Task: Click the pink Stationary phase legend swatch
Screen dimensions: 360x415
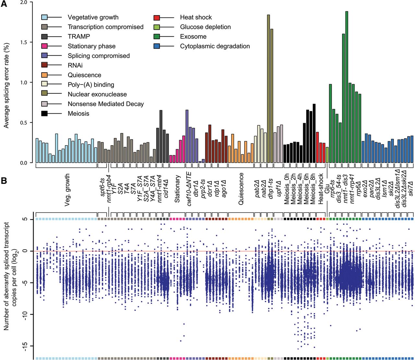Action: pos(44,46)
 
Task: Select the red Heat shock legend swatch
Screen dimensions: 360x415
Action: pos(157,17)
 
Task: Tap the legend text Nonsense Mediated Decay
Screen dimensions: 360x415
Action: pos(106,104)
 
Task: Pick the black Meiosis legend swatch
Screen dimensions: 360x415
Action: pos(44,114)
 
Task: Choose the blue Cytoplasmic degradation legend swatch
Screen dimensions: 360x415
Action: pos(157,46)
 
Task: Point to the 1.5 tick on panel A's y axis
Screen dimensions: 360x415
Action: pos(28,42)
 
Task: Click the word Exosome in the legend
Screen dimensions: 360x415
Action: pos(193,37)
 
